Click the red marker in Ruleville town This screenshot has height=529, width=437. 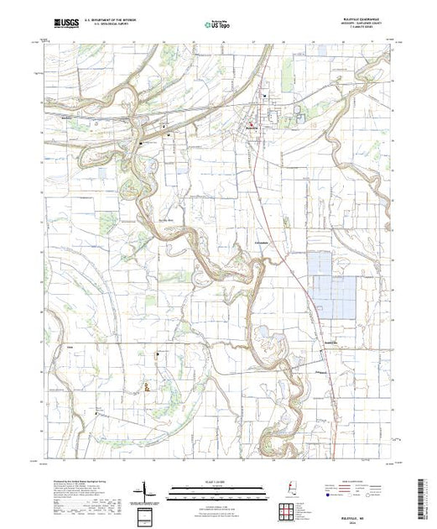point(254,126)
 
